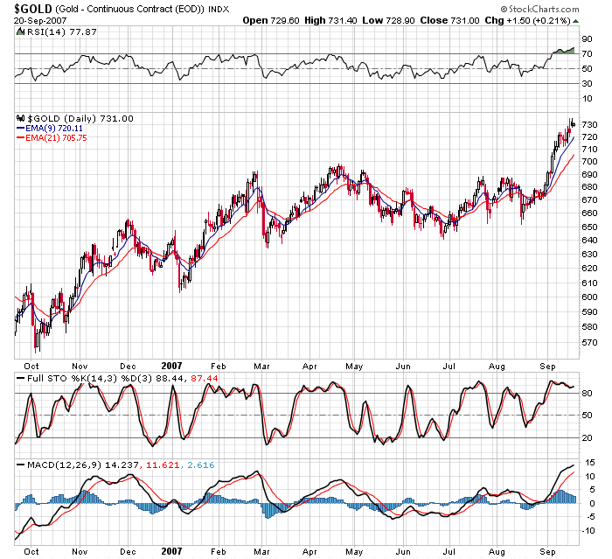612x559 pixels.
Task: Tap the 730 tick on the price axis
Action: coord(589,125)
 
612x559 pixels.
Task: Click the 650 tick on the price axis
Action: coord(589,227)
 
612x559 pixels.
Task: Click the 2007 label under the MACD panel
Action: coord(172,551)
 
